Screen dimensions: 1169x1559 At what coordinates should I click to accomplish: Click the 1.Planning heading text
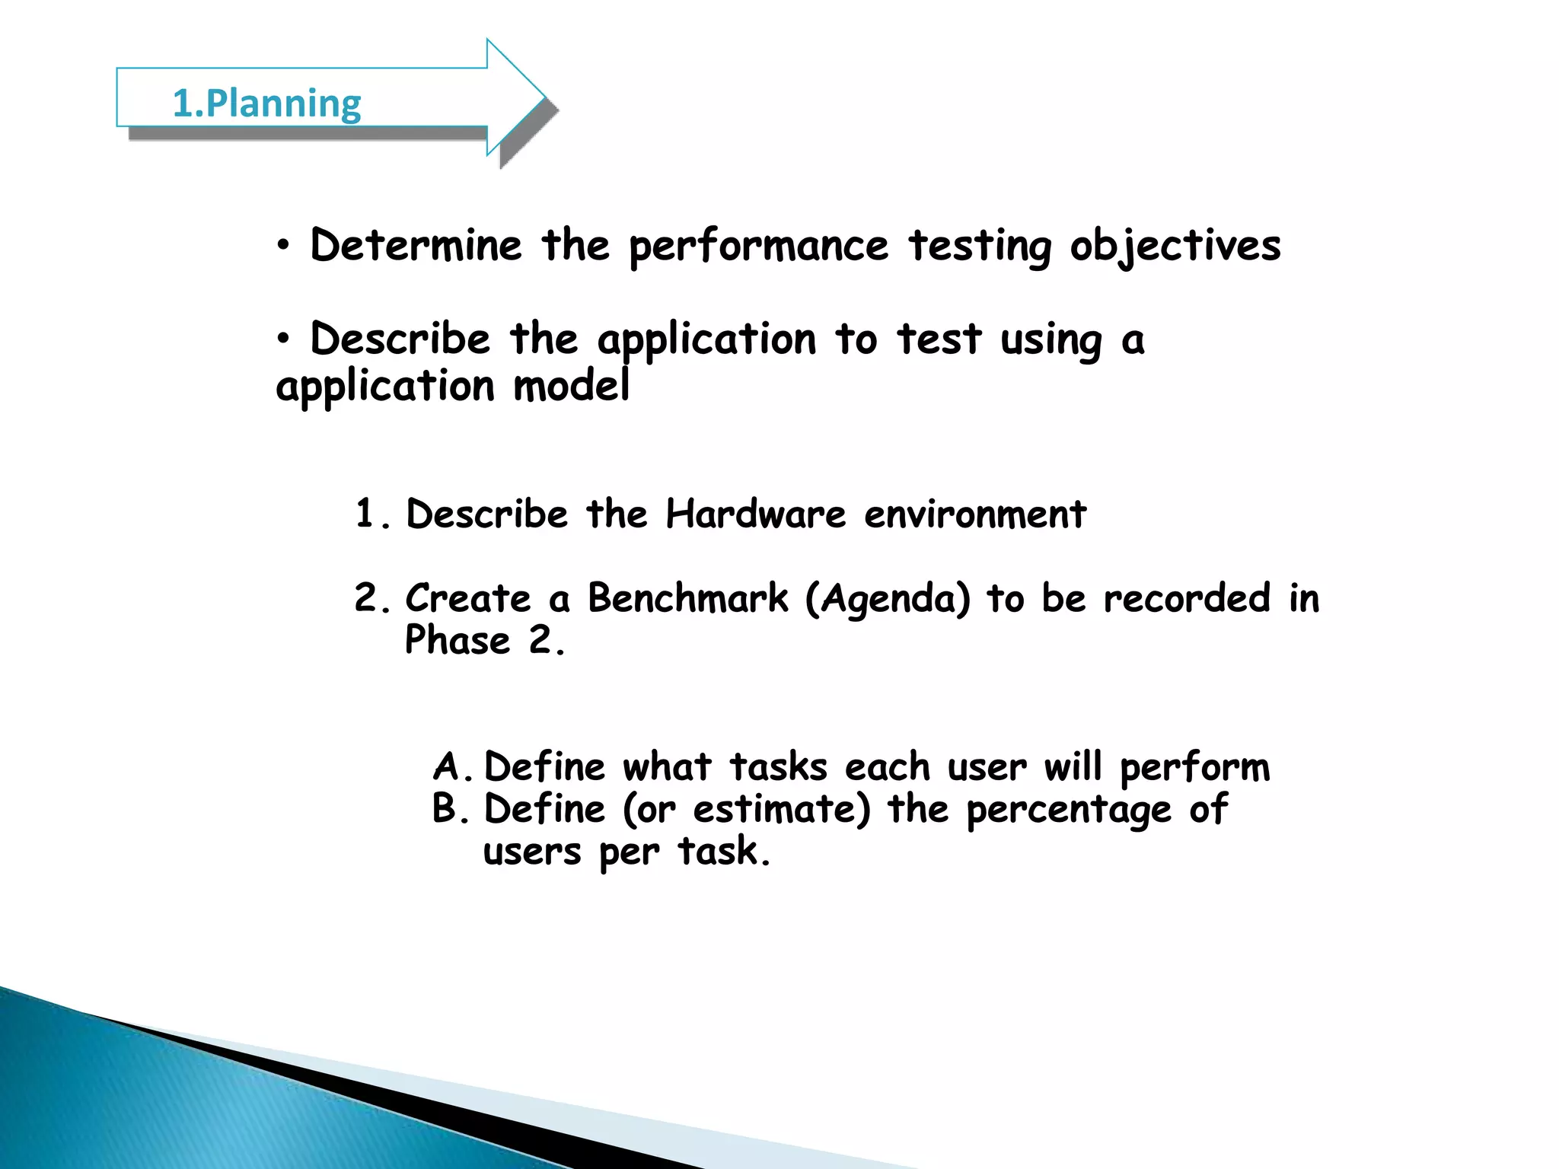266,104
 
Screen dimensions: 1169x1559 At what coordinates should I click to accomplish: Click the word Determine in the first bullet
416,246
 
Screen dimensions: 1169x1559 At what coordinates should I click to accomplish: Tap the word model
572,386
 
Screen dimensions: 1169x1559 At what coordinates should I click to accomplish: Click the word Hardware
755,514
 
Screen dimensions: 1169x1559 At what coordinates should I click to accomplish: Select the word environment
975,514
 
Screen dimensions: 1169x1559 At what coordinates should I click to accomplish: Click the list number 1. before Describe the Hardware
372,514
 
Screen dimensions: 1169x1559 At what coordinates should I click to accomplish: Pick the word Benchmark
688,598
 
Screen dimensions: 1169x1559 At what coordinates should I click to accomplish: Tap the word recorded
1187,598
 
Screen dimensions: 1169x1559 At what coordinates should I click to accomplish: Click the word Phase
457,640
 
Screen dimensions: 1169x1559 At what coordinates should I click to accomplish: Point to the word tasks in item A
778,767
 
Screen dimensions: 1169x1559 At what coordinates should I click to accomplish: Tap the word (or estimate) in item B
746,809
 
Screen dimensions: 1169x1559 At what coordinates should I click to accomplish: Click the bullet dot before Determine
284,247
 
